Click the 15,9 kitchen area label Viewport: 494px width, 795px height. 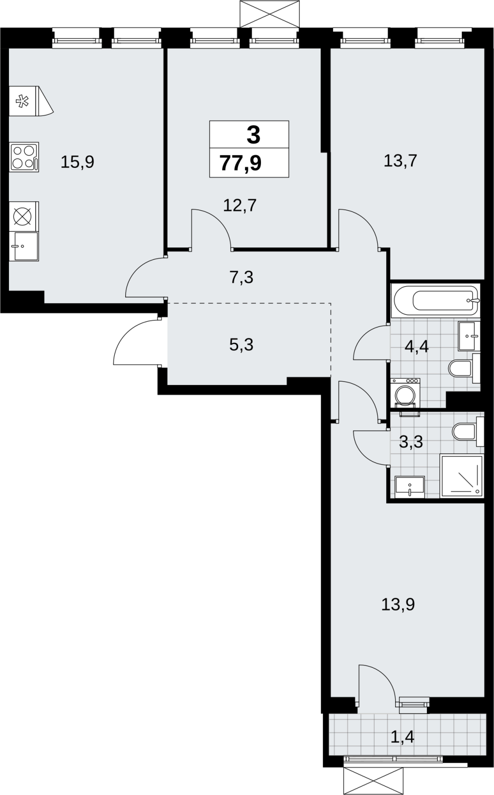point(78,162)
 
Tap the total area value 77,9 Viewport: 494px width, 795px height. point(241,163)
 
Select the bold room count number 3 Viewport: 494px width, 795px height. point(253,135)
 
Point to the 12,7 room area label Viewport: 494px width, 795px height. point(240,206)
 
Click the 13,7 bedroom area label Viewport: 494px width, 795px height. point(400,161)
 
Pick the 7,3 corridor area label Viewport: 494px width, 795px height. point(242,277)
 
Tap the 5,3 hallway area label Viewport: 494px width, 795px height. point(242,345)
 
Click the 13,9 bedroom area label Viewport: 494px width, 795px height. point(398,604)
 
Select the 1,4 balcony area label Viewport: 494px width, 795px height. point(403,737)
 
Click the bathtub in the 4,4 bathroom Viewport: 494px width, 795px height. point(435,301)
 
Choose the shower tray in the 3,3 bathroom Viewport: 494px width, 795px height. point(462,476)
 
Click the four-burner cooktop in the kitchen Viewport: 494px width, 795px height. point(24,157)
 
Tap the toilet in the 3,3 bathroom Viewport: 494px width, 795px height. point(468,432)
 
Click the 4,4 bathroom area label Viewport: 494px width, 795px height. point(416,346)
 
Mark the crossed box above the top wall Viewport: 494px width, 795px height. point(270,14)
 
